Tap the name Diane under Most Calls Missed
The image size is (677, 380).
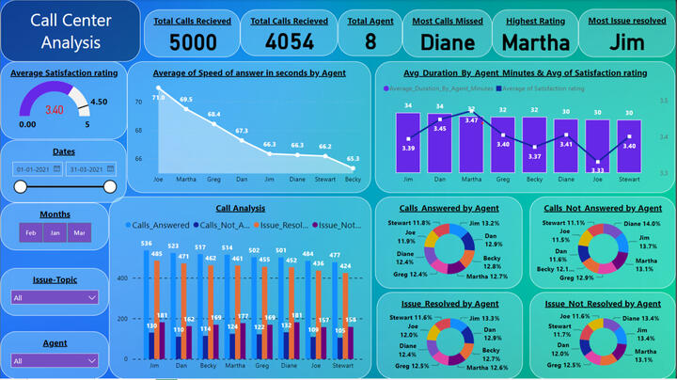[x=447, y=41]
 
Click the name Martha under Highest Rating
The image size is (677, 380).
[x=535, y=41]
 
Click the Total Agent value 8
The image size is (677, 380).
[x=370, y=41]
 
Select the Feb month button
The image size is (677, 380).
[x=30, y=233]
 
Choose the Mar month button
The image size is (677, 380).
[x=79, y=233]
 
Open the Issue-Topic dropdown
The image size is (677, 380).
[x=55, y=297]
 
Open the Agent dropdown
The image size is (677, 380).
[x=55, y=360]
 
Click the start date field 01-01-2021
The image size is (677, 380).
[x=37, y=168]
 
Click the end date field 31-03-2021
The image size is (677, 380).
[x=89, y=168]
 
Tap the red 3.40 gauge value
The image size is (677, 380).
[x=55, y=110]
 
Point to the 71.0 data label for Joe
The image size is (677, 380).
[x=158, y=97]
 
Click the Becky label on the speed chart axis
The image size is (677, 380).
[x=353, y=178]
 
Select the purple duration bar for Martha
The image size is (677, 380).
[x=471, y=141]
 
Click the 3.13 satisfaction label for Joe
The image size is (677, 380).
[x=598, y=170]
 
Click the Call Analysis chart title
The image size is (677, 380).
[x=240, y=208]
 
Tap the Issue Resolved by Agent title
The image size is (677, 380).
[x=449, y=304]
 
